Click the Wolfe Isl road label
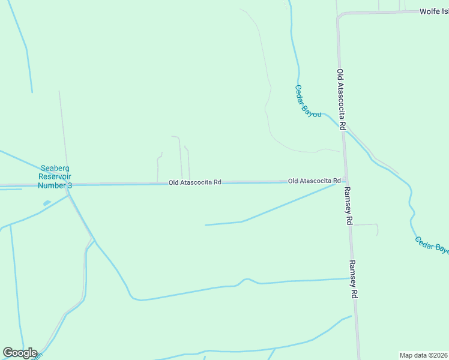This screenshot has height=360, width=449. pos(433,11)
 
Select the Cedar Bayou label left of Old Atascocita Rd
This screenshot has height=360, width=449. pos(308,100)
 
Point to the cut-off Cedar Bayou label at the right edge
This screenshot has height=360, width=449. pos(432,245)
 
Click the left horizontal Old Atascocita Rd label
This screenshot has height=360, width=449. pos(195,182)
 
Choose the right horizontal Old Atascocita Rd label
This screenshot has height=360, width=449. pos(314,181)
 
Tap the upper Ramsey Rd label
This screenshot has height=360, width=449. pos(349,205)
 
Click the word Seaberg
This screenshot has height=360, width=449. pos(55,169)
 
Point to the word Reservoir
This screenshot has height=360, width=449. pos(55,177)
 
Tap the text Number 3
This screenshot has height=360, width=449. pos(55,185)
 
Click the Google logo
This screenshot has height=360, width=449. pos(20,353)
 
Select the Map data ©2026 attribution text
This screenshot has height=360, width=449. pos(424,355)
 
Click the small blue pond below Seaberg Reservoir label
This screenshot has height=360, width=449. pos(46,203)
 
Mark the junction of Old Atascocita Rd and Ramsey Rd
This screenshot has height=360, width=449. pos(345,180)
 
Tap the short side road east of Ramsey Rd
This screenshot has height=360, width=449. pos(366,226)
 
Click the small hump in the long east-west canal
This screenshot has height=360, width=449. pos(246,280)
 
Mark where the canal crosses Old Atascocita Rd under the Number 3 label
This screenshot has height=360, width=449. pos(67,185)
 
